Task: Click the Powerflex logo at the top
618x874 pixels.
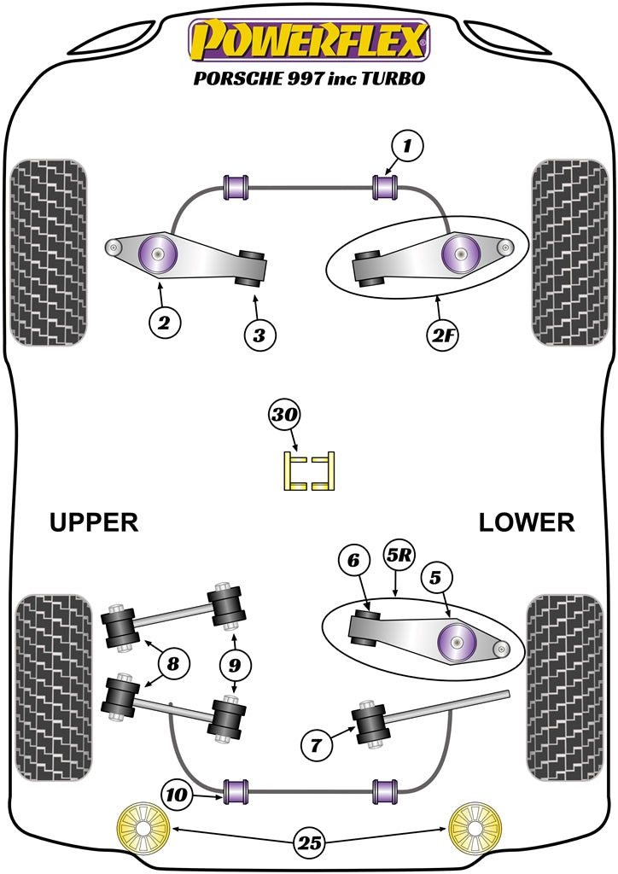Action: [x=309, y=40]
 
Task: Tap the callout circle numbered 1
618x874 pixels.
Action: [x=407, y=147]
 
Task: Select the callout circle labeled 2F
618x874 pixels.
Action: [x=442, y=335]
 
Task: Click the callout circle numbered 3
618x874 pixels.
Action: [x=259, y=335]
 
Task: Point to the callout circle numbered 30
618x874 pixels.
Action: [x=283, y=416]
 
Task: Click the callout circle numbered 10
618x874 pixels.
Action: [x=178, y=795]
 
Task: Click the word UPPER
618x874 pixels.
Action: [x=94, y=522]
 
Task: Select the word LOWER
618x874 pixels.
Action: [x=527, y=522]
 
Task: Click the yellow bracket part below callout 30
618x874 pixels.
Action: [x=309, y=471]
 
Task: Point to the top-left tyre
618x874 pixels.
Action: [x=48, y=252]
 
